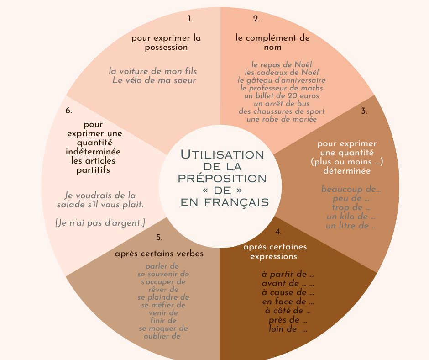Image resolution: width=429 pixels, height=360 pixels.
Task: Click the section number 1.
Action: [x=190, y=19]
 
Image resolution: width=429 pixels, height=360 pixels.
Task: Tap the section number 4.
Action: [x=278, y=232]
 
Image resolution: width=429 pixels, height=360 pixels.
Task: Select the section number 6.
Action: [x=69, y=111]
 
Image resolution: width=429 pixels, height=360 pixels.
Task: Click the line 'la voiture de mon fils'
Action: [x=153, y=71]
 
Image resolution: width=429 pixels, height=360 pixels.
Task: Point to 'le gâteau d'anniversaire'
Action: [x=282, y=80]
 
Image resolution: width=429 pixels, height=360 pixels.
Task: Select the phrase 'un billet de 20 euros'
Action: [x=282, y=96]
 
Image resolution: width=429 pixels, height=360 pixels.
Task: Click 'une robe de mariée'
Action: [x=282, y=119]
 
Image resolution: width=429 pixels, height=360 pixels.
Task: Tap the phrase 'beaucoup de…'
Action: [x=351, y=189]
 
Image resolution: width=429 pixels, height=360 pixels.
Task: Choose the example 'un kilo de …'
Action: [x=351, y=217]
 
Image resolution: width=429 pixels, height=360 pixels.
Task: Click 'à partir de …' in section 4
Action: [x=288, y=275]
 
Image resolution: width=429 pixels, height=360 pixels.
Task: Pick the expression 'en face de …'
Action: [x=288, y=302]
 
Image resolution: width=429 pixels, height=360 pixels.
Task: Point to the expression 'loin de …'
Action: [x=288, y=329]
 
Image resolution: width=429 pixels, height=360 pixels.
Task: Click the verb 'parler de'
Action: [x=162, y=266]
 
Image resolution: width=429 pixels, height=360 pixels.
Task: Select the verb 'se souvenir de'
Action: [x=163, y=274]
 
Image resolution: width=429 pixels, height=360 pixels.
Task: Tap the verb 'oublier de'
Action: [x=162, y=336]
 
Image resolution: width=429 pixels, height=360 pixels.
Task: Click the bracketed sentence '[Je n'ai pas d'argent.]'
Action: [x=100, y=223]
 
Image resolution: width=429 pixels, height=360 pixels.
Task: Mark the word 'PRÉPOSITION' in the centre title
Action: [x=222, y=178]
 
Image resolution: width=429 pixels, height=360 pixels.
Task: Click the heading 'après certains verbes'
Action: [x=159, y=254]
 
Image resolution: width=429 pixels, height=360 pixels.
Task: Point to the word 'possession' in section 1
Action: [x=166, y=47]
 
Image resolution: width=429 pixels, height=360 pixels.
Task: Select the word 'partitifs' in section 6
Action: [x=93, y=170]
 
